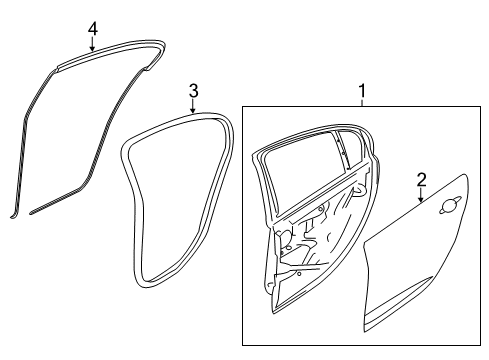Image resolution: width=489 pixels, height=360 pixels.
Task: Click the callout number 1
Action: (x=363, y=93)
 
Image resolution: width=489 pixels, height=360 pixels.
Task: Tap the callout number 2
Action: (x=421, y=180)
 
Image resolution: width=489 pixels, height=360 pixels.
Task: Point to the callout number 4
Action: (x=92, y=29)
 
